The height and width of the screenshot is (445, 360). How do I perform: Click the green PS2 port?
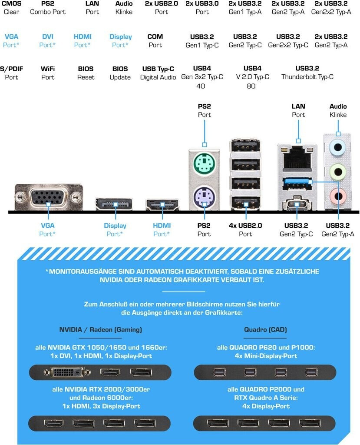[x=204, y=164]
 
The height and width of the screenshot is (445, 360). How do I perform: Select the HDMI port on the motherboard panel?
[x=162, y=204]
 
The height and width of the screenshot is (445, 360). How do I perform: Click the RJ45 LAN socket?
[x=298, y=158]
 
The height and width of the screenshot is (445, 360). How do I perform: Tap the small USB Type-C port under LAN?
[x=297, y=203]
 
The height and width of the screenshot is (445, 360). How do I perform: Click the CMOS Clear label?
[x=11, y=7]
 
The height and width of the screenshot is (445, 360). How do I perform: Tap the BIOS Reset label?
[x=86, y=73]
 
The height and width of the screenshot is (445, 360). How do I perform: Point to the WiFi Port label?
[x=48, y=73]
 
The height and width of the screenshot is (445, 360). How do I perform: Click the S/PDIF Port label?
[x=11, y=73]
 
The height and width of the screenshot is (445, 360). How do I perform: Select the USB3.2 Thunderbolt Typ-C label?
[x=307, y=73]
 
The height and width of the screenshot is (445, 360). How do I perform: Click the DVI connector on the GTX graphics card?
[x=68, y=372]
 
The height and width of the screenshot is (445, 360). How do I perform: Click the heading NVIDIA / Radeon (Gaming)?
[x=100, y=329]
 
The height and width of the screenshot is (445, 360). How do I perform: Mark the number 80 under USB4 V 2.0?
[x=251, y=86]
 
